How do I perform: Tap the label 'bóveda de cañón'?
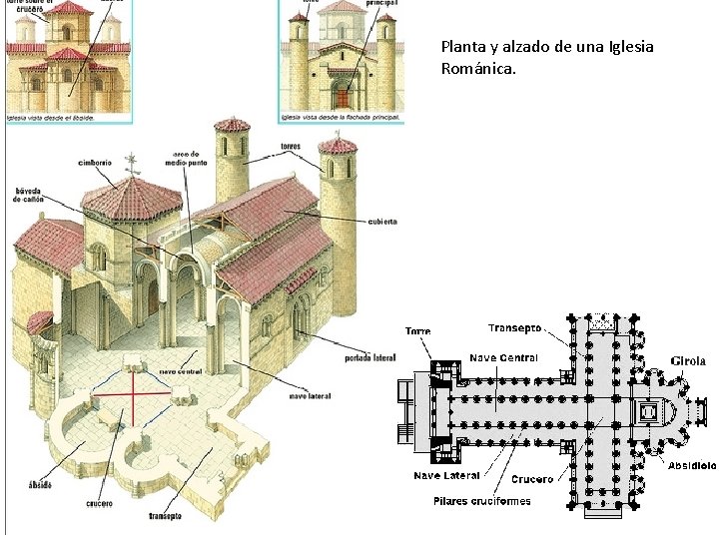point(29,195)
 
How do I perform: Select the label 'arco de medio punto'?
point(187,160)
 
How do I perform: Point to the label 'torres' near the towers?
point(290,148)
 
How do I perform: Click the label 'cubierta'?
point(380,222)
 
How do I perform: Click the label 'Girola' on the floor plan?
point(688,361)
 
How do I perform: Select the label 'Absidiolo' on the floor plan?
point(691,465)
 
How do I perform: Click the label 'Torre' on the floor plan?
point(417,330)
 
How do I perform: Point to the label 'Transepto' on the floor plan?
point(515,327)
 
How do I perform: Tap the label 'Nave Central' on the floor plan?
point(503,357)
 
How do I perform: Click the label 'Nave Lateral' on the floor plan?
point(447,476)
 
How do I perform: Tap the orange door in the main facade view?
point(343,97)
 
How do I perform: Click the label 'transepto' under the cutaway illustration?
point(165,516)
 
